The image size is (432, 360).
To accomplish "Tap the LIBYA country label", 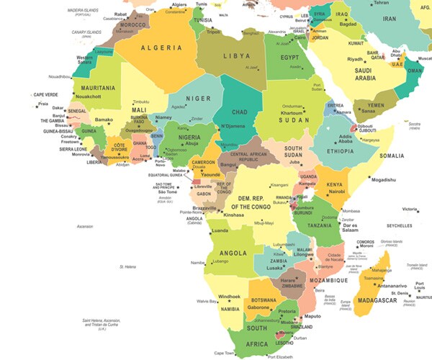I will point(235,56).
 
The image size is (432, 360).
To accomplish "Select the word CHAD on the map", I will point(240,112).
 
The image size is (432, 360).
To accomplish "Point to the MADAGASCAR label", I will point(377,300).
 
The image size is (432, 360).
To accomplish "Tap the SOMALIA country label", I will point(392,156).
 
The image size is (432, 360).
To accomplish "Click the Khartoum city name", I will point(292,113).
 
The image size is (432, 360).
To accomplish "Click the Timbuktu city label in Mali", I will point(140,102).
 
